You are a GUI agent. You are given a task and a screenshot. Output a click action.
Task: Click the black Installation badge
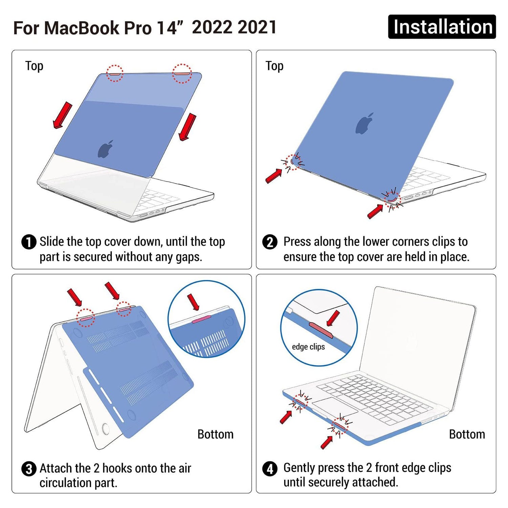click(x=442, y=27)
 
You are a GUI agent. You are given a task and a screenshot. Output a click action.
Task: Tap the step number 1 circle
click(x=29, y=242)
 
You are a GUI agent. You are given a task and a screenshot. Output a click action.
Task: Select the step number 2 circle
click(x=270, y=242)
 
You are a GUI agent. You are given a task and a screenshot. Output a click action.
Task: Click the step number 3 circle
click(x=29, y=469)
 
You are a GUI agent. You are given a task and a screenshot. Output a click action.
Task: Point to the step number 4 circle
click(x=270, y=469)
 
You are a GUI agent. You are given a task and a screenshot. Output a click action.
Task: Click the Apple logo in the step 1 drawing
click(x=105, y=149)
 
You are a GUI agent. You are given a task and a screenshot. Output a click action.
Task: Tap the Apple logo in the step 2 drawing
click(x=364, y=123)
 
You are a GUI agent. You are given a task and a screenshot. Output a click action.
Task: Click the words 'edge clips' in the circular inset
click(x=308, y=347)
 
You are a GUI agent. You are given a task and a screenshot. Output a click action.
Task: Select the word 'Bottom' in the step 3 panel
click(x=215, y=434)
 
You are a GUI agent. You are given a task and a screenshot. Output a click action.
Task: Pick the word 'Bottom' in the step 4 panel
click(x=467, y=434)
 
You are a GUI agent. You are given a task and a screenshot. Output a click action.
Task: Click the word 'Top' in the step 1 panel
click(x=34, y=66)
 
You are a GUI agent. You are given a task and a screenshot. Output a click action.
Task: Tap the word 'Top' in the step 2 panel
click(x=274, y=66)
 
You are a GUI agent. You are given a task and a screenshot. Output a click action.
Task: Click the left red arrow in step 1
click(x=63, y=115)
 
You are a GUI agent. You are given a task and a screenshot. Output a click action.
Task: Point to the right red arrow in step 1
click(x=188, y=127)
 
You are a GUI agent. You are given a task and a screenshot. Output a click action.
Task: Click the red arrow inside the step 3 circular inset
click(x=193, y=302)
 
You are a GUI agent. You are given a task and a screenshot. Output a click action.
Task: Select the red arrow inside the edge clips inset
click(x=333, y=318)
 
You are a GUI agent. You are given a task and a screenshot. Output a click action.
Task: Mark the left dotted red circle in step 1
click(x=115, y=73)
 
